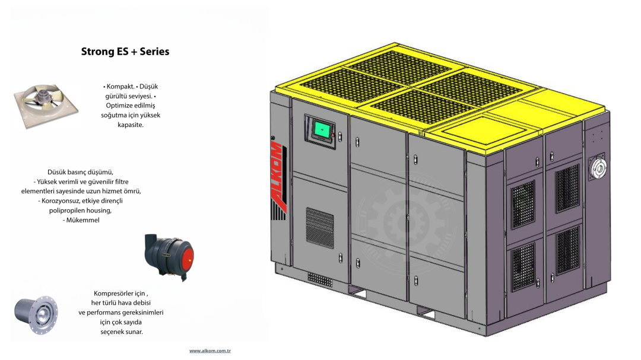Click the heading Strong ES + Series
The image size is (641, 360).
125,52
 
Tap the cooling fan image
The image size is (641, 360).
46,106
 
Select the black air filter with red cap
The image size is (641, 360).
169,257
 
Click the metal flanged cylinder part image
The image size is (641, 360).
36,314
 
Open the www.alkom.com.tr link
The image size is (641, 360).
210,351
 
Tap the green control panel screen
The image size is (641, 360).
322,130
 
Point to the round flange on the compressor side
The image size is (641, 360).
597,167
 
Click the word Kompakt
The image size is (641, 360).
120,87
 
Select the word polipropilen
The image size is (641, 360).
68,211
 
